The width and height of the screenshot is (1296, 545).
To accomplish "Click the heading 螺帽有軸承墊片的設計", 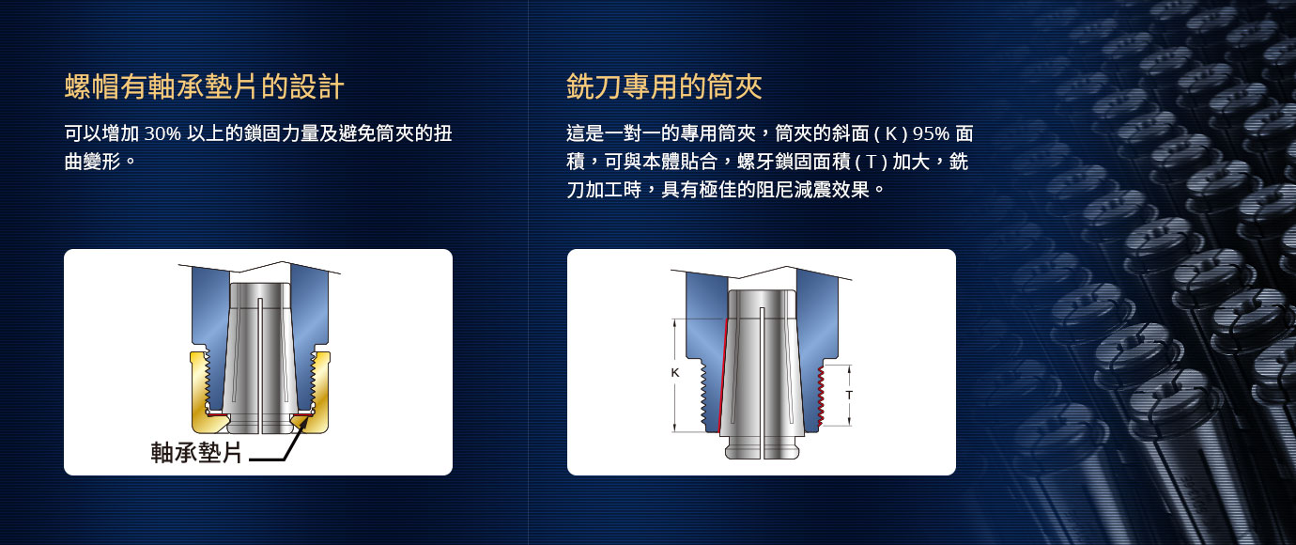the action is coord(204,86).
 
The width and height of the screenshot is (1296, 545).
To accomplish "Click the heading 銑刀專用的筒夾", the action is coord(664,86).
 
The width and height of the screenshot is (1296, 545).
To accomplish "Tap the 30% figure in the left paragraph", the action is coord(162,133).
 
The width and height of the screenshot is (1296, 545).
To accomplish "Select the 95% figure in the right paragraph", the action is coord(931,133).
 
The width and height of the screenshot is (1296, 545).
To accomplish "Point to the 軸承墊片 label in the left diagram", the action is coord(196,452).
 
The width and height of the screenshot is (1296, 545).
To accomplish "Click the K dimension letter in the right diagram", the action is coord(674,373).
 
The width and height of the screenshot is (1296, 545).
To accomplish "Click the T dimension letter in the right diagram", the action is coord(849,395).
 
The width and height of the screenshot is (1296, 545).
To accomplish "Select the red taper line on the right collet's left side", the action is coord(722,377).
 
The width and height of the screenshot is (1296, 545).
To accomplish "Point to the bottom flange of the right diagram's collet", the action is coord(762,451).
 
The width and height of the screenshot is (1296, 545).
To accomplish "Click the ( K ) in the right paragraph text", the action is coord(891,133).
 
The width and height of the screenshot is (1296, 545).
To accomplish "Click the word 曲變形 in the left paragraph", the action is coord(93,162).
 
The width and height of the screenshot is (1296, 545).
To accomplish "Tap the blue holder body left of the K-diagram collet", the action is coord(704,324).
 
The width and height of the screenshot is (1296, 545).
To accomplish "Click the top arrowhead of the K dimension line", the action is coord(674,323).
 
